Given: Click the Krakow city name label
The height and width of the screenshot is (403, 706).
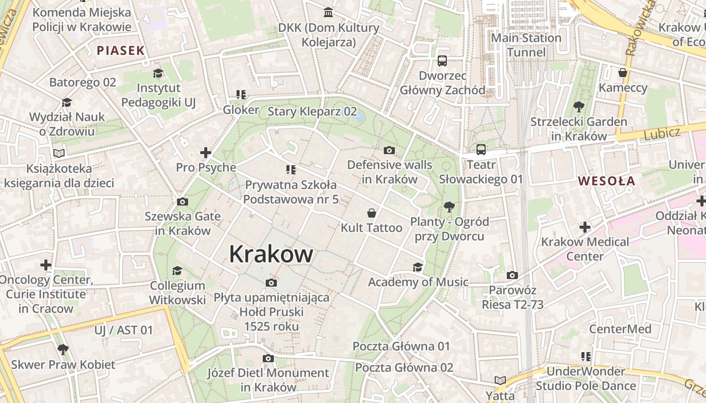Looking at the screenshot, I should [271, 254].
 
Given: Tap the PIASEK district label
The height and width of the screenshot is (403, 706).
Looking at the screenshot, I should [121, 50].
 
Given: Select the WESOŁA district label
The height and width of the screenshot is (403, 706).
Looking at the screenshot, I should [606, 181].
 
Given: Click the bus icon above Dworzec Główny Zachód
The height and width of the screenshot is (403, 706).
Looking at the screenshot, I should [442, 61].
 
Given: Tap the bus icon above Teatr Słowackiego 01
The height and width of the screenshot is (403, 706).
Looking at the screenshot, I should [481, 150].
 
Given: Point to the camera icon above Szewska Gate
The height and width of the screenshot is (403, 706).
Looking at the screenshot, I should [183, 202].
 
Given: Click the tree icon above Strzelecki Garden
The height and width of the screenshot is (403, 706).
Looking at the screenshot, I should [578, 107].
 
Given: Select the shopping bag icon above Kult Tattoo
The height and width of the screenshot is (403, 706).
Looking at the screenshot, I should [372, 213].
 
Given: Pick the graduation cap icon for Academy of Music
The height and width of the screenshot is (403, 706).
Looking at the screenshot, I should [418, 267].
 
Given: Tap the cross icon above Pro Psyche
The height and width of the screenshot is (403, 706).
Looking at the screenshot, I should [206, 153].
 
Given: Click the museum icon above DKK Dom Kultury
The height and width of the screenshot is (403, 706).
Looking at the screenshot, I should [329, 12].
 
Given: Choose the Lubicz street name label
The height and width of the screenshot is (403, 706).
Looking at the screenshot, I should [662, 133].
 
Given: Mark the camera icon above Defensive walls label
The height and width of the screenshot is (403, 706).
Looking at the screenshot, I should [389, 150].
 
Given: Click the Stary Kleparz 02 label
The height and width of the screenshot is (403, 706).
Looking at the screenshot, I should [312, 111].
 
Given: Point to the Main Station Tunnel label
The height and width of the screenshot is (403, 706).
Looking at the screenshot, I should [526, 45].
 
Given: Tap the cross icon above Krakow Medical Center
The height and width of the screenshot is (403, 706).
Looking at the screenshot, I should [584, 227].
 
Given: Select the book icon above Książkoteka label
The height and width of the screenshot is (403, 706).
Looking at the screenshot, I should [59, 153].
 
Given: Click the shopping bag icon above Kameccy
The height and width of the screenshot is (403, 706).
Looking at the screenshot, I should [623, 73].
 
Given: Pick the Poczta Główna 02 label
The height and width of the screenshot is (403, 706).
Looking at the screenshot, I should [404, 367].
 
